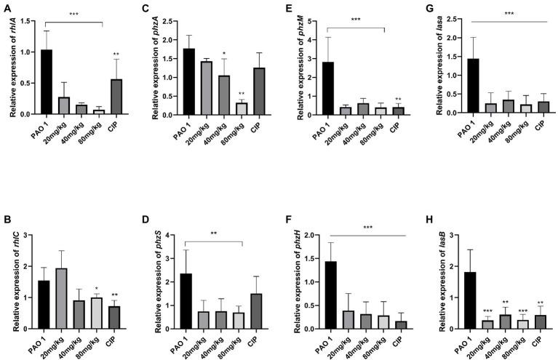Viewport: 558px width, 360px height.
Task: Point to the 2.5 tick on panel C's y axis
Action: (x=167, y=21)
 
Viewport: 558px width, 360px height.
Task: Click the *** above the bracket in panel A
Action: (x=73, y=14)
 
